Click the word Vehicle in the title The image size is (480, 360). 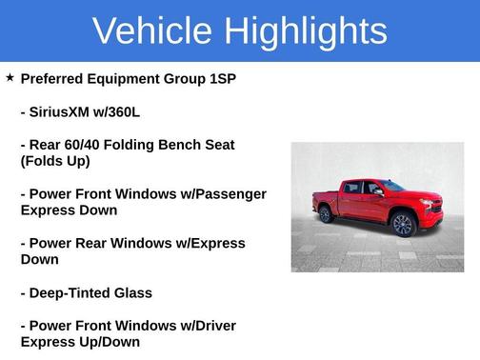click(x=153, y=31)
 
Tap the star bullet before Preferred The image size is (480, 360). click(x=10, y=77)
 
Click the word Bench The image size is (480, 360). click(x=187, y=145)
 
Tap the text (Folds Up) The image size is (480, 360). click(x=55, y=161)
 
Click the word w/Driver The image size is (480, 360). click(x=201, y=326)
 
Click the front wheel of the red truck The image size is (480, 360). click(x=402, y=225)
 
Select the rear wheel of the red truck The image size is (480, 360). click(x=326, y=213)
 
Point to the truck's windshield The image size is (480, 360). click(x=391, y=188)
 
